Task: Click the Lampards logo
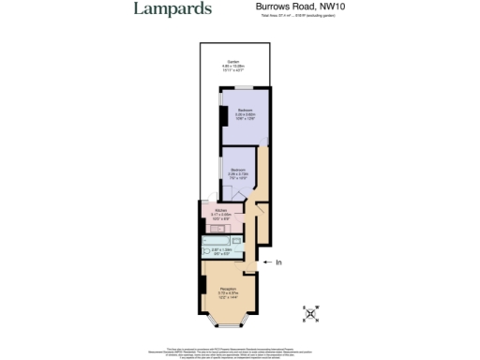click(172, 9)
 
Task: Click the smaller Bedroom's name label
click(237, 169)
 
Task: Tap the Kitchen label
click(222, 211)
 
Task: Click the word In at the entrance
click(278, 262)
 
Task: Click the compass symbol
click(311, 312)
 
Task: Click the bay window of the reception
click(227, 328)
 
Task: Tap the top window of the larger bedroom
click(244, 87)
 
